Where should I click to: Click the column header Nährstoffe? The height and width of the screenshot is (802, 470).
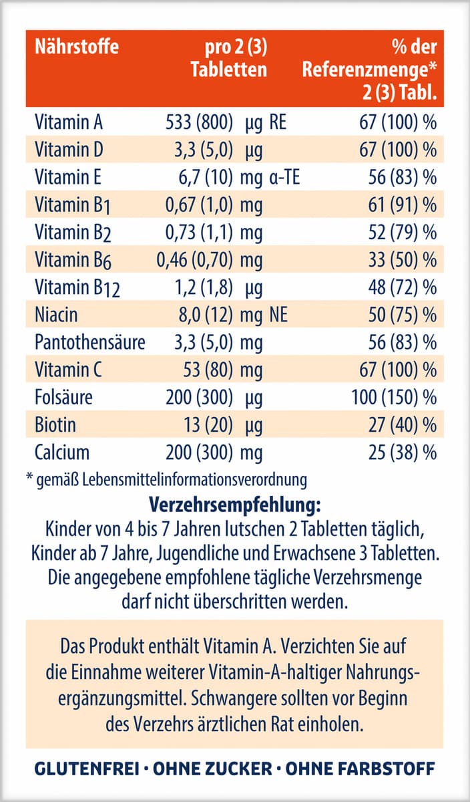tap(77, 47)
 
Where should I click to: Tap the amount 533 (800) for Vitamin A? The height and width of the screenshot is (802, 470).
tap(198, 123)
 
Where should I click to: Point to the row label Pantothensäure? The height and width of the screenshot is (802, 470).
tap(89, 342)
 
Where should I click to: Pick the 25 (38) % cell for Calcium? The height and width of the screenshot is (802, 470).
tap(405, 452)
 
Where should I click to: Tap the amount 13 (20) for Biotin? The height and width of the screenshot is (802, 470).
tap(208, 425)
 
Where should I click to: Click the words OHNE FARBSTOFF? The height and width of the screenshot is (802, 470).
tap(361, 769)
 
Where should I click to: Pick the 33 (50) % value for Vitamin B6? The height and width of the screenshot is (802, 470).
tap(405, 260)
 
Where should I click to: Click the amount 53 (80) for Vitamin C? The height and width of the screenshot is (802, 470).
tap(208, 370)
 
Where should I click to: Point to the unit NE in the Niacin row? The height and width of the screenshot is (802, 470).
tap(278, 315)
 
